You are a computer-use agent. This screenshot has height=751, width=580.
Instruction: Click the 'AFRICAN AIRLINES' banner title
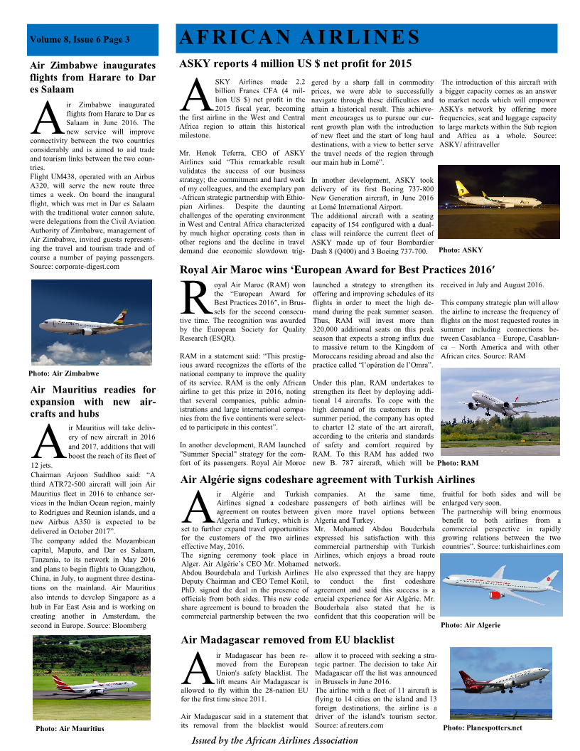point(299,37)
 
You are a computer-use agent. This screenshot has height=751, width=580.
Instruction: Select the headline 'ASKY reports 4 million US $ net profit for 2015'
point(296,63)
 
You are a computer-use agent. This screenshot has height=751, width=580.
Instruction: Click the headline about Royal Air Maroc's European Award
point(338,270)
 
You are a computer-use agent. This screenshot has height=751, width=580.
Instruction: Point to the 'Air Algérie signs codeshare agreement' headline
point(328,479)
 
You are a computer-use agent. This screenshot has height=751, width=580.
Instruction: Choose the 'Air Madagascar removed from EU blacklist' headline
point(287,639)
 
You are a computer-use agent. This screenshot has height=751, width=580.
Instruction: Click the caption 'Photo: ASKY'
point(461,250)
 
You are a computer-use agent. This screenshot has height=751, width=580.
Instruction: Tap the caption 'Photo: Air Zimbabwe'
point(64,373)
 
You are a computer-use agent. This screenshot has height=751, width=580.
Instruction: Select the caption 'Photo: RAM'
point(458,462)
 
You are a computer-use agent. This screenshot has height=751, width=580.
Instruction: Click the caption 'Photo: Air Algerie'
point(471,625)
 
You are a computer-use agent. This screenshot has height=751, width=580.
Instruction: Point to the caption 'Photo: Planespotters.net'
point(482,728)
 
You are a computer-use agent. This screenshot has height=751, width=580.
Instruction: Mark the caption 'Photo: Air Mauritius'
point(70,728)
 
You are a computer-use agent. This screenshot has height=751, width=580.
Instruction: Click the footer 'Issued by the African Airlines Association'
point(275,740)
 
